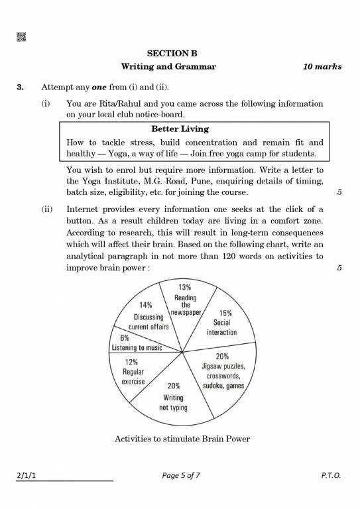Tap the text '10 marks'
point(322,67)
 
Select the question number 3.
point(21,87)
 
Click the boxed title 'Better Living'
point(180,129)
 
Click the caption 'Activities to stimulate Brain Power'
point(182,439)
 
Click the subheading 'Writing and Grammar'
point(168,67)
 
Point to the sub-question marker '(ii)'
point(47,208)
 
